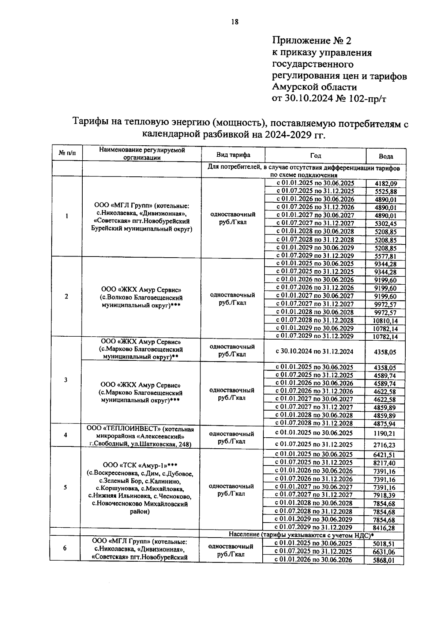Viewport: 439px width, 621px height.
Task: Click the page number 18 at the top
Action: click(234, 22)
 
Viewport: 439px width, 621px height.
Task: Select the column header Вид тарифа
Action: click(233, 155)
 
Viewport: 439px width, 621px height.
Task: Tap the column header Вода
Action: click(386, 157)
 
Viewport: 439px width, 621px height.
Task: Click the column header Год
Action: click(315, 156)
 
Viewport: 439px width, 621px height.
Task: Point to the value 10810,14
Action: click(385, 321)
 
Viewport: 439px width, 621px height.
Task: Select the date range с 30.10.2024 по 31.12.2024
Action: click(314, 352)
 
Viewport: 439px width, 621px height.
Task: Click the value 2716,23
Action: click(384, 445)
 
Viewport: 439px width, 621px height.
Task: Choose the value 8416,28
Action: click(384, 528)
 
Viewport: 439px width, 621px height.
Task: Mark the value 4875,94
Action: click(384, 424)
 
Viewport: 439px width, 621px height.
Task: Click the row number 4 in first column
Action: click(65, 435)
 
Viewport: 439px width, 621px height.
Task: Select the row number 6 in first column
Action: click(65, 548)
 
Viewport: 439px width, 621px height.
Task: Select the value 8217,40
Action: click(384, 463)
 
